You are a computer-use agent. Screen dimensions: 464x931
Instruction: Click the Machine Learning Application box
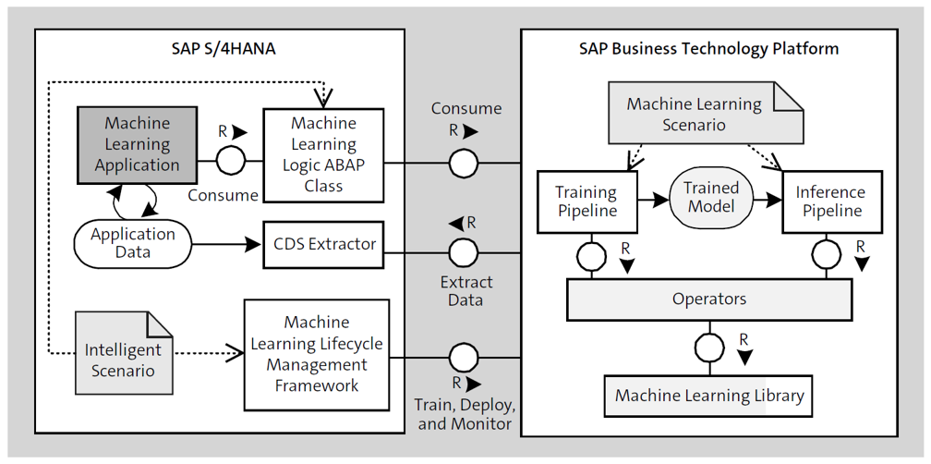[x=137, y=144]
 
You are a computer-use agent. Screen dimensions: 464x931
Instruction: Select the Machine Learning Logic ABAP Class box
[x=323, y=154]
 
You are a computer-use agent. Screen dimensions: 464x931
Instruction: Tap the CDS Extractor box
[x=324, y=245]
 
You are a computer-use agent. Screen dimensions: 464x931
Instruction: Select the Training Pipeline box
[x=586, y=202]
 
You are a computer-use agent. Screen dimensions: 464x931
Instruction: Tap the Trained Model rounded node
[x=711, y=197]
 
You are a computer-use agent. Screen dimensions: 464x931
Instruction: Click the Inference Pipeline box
[x=831, y=202]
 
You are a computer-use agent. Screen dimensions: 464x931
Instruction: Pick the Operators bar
[x=709, y=299]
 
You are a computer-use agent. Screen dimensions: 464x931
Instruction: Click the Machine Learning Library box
[x=709, y=396]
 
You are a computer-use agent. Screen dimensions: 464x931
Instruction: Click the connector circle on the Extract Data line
[x=464, y=251]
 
